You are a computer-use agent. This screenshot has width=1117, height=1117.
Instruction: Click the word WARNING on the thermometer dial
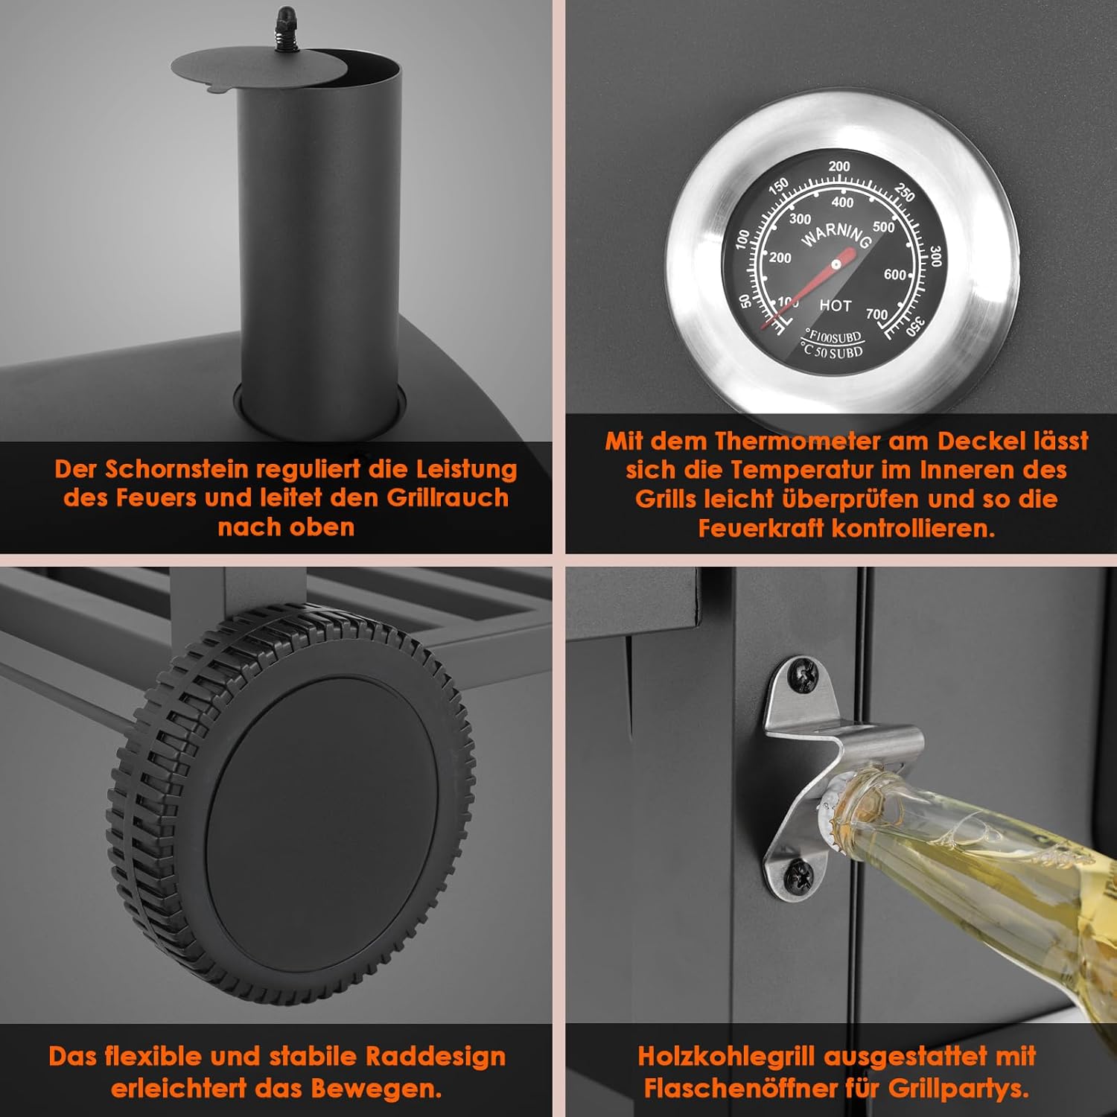(836, 235)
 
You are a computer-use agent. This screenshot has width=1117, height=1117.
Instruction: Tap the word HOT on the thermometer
(835, 305)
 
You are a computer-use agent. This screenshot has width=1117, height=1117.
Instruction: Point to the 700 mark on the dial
(876, 314)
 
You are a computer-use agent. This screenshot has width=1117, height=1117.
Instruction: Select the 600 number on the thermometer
(894, 275)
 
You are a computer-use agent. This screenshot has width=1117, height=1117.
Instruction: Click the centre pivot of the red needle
(836, 263)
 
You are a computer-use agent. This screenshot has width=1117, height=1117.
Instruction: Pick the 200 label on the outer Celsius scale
(839, 166)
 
